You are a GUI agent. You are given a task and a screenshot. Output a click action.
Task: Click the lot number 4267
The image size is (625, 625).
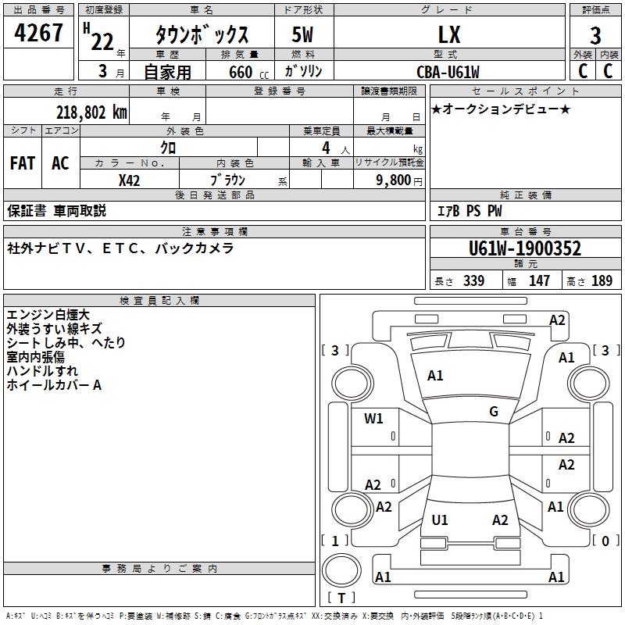[39, 33]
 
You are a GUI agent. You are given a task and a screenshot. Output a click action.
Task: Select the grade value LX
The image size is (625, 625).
[448, 34]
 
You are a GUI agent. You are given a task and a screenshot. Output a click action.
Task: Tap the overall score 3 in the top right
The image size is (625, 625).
[595, 35]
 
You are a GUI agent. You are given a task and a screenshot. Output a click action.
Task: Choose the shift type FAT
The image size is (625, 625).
[23, 162]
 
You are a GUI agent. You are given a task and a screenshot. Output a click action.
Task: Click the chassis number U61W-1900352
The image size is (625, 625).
[524, 248]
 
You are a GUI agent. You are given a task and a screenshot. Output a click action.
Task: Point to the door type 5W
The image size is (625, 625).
[304, 35]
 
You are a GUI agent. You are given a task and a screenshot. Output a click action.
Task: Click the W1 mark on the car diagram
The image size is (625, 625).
[373, 418]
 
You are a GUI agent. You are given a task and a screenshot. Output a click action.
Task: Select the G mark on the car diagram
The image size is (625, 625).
[494, 412]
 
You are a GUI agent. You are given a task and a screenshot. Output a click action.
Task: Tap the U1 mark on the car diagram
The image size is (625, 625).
[440, 520]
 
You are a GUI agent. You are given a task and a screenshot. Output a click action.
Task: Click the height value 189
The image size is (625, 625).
[602, 280]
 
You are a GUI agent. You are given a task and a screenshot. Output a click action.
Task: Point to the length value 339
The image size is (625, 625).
[473, 280]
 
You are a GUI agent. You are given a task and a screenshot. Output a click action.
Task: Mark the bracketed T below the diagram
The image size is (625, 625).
[341, 598]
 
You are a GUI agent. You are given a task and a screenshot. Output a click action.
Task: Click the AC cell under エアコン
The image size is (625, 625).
[60, 162]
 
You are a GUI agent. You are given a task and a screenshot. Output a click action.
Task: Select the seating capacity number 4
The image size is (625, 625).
[324, 147]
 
